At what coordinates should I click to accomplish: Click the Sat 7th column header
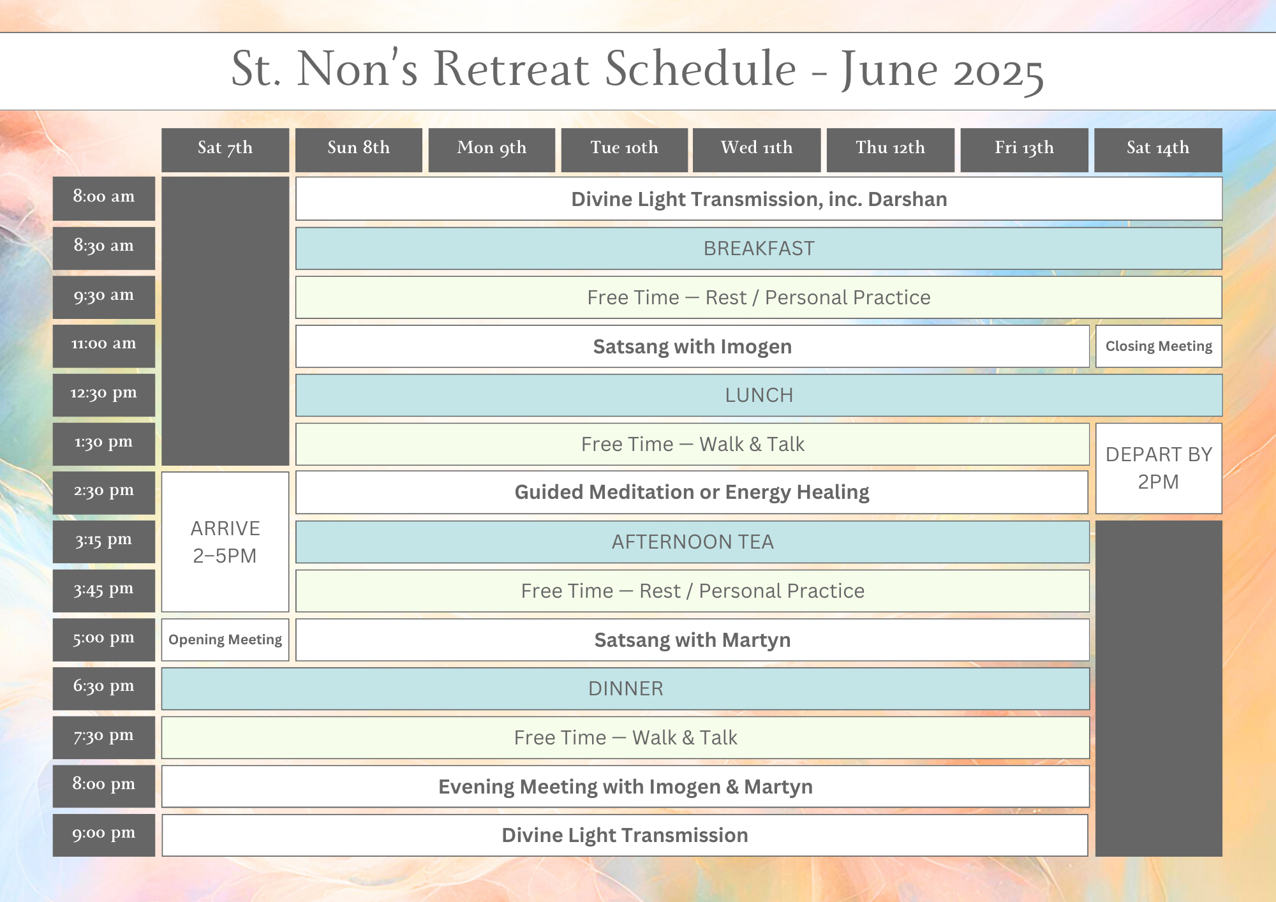[225, 150]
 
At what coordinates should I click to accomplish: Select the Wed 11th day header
[757, 150]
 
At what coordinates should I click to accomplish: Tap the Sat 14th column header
[1158, 150]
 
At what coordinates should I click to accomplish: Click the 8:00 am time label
[104, 198]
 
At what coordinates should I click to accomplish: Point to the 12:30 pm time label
[104, 395]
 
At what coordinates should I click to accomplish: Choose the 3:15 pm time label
[104, 542]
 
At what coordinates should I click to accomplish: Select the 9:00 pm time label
[104, 835]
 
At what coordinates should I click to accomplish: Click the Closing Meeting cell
[1159, 346]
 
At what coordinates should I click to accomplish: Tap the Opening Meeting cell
[225, 640]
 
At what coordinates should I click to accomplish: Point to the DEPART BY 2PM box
[1159, 468]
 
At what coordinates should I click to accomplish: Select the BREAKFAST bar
[759, 248]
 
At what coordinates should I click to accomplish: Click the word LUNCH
[759, 396]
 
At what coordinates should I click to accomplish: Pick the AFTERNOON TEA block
[692, 542]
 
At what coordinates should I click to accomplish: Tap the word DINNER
[626, 689]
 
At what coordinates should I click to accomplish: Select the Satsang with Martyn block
[692, 640]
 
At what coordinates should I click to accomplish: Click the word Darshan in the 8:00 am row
[907, 199]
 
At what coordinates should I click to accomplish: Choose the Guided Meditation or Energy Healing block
[692, 492]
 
